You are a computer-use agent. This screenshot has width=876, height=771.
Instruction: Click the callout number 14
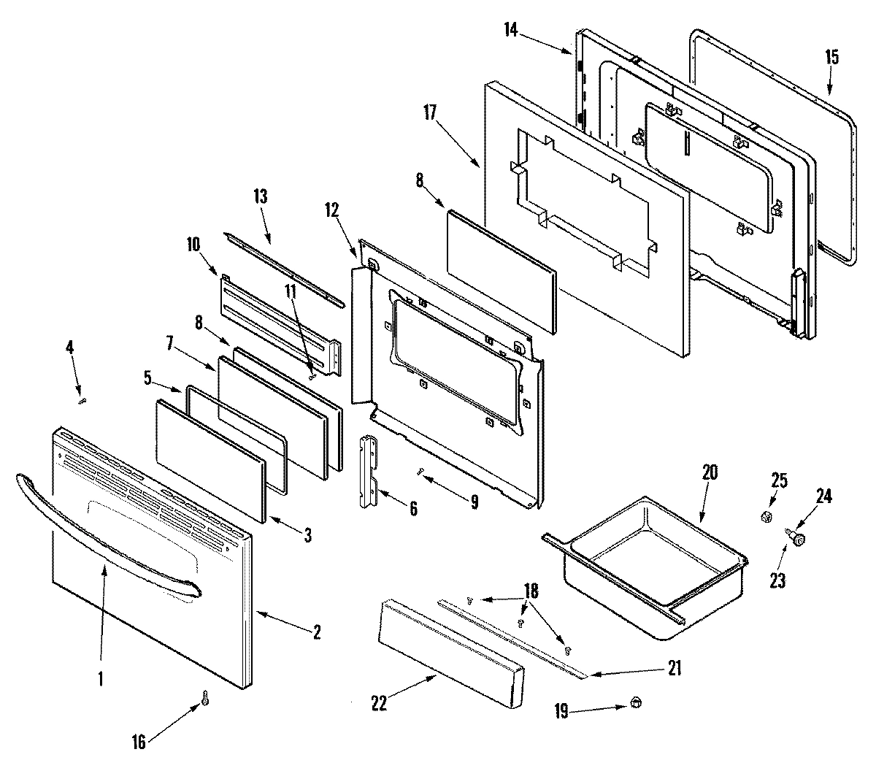click(x=510, y=29)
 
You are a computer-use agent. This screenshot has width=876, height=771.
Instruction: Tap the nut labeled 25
click(x=766, y=518)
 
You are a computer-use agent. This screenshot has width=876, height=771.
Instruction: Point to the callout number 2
click(x=316, y=632)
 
